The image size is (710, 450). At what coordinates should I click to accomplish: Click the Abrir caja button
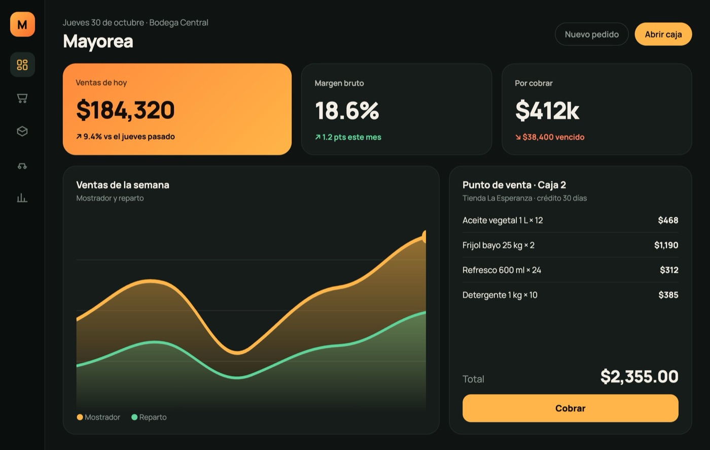(x=663, y=34)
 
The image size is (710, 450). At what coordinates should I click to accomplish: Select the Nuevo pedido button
(x=591, y=34)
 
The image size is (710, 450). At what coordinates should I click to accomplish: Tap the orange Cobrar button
(x=570, y=408)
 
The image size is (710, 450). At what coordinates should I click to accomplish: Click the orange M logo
(x=22, y=24)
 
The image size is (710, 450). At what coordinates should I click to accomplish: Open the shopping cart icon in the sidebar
(x=22, y=98)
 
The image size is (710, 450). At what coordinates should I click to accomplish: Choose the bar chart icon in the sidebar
(x=22, y=198)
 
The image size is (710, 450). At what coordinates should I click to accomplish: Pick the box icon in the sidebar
(x=22, y=131)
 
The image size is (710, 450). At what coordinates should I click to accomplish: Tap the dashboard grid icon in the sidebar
(x=22, y=65)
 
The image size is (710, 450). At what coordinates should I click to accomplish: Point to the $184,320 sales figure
(x=125, y=110)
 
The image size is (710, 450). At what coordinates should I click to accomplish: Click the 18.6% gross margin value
(x=347, y=110)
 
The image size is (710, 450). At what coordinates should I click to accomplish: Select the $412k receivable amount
(x=547, y=110)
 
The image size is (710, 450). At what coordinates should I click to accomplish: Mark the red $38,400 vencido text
(x=550, y=137)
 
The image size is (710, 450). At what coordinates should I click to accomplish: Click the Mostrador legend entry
(x=98, y=417)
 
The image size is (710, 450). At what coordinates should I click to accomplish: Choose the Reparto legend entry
(x=149, y=417)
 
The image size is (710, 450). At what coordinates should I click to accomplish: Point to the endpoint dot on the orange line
(x=424, y=237)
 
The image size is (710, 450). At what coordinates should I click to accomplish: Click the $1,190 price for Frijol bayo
(x=666, y=245)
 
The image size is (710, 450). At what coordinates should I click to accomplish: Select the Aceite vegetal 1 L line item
(x=503, y=220)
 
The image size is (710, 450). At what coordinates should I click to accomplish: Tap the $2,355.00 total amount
(x=640, y=377)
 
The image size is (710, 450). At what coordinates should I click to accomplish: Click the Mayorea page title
(x=98, y=41)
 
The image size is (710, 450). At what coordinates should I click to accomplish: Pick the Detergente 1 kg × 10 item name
(x=500, y=295)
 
